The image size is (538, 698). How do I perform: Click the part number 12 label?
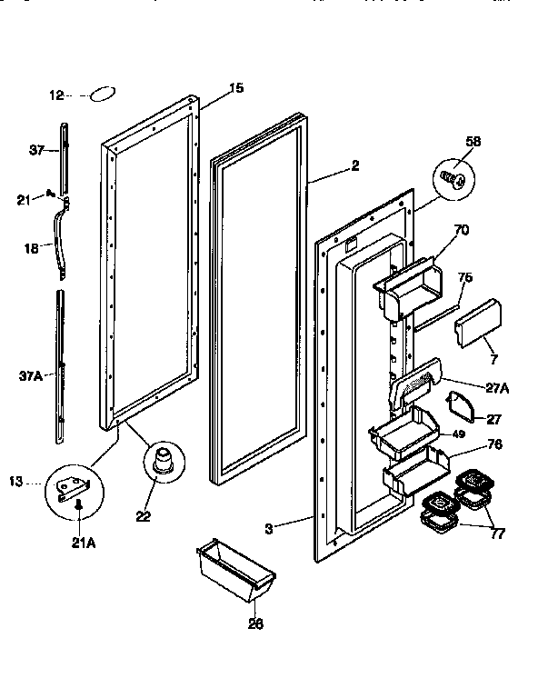[x=55, y=95]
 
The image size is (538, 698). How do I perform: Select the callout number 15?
[x=235, y=88]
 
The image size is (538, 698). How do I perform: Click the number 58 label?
[x=473, y=142]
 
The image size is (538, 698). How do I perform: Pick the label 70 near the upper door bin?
[x=461, y=231]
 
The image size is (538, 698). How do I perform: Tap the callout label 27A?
[x=498, y=388]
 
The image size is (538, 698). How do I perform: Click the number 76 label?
[x=496, y=444]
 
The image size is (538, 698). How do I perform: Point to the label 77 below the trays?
[x=496, y=533]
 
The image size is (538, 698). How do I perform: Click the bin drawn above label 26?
[x=234, y=568]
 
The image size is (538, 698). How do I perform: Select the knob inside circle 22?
[x=164, y=460]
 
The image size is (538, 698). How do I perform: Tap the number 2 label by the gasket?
[x=354, y=165]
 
